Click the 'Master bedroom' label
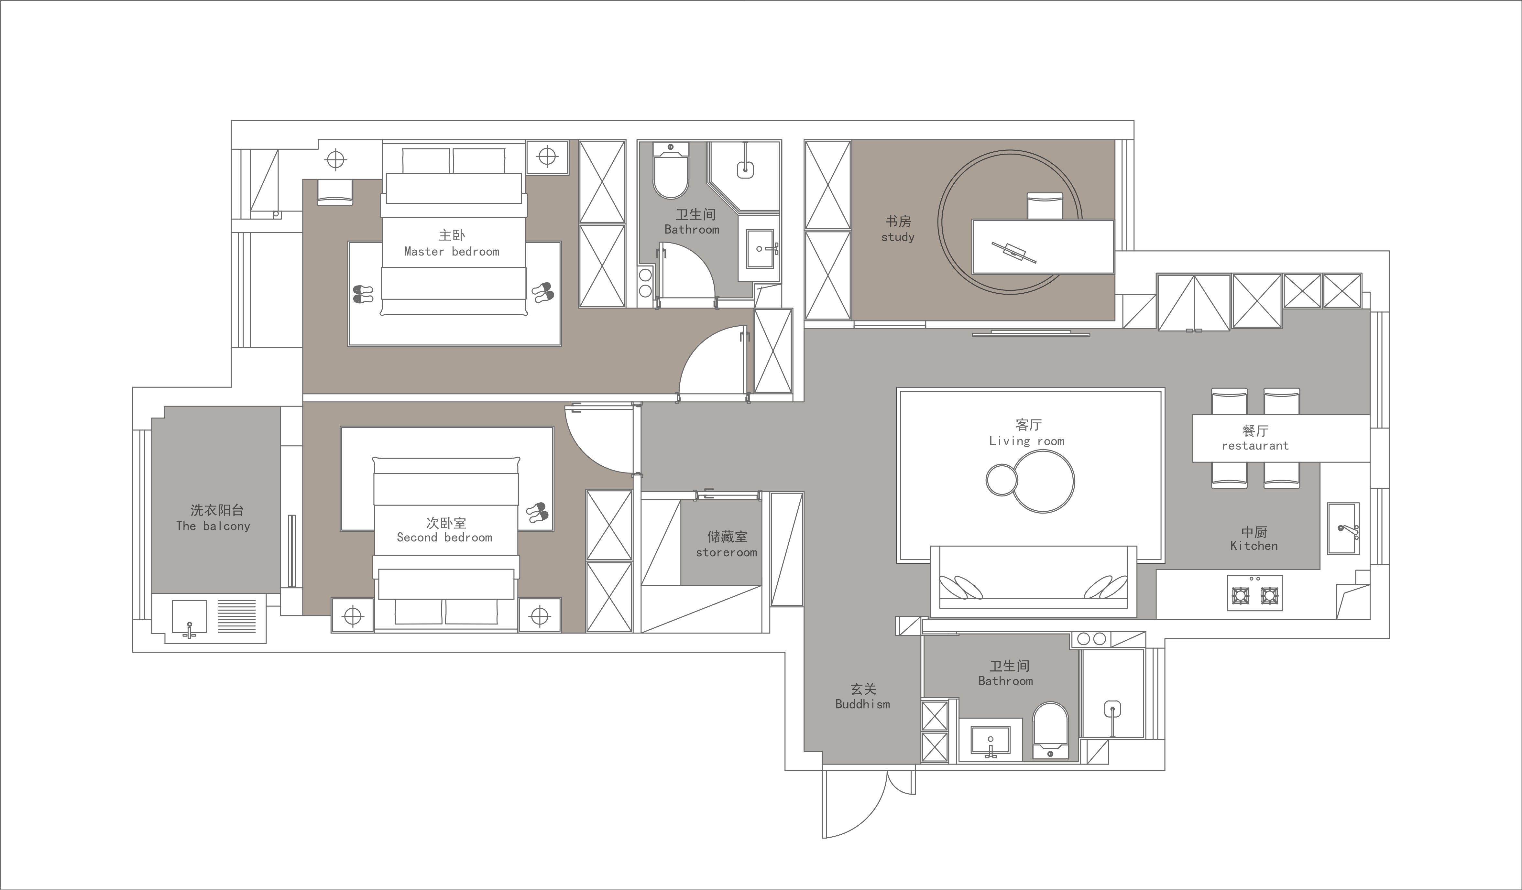[452, 252]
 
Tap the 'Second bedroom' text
[444, 537]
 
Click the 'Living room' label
[1027, 441]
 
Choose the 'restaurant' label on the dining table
[1255, 446]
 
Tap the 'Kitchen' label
[1254, 546]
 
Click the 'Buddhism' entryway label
[862, 704]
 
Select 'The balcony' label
[213, 526]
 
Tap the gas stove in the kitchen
[1254, 593]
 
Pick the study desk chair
[1045, 206]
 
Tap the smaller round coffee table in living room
[1002, 480]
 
